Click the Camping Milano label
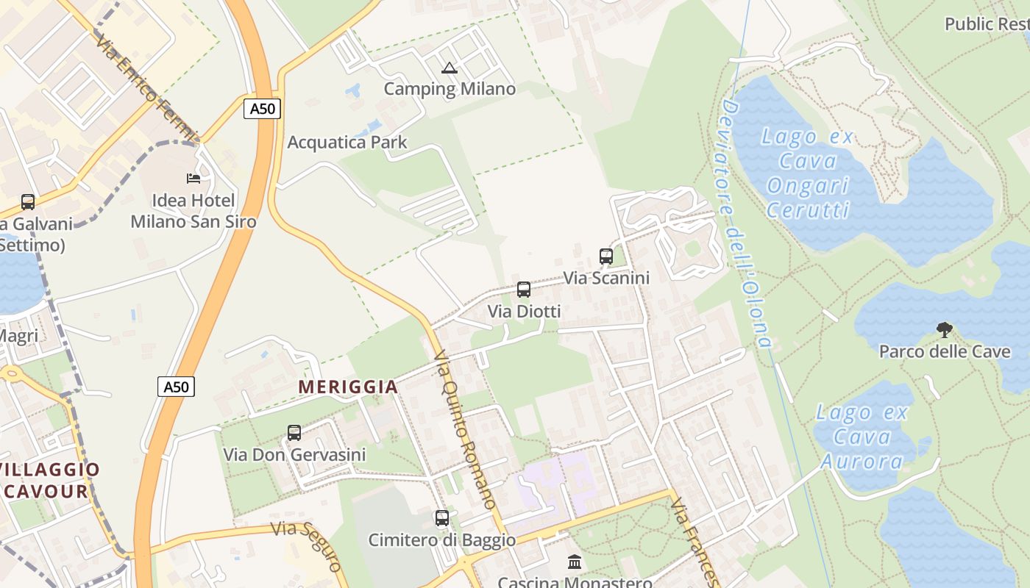click(x=450, y=90)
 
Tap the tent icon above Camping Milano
click(x=450, y=68)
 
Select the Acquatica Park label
click(x=347, y=143)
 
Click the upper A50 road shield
click(x=262, y=109)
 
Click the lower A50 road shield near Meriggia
click(x=176, y=387)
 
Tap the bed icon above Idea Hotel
click(x=193, y=179)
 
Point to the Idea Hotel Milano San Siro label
click(x=193, y=211)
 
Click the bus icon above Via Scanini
click(x=606, y=257)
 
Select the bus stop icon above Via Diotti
click(x=524, y=290)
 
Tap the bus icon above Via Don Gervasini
click(x=294, y=433)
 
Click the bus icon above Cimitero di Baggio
click(x=442, y=518)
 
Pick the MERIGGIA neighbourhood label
click(x=348, y=387)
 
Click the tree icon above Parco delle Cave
click(x=944, y=330)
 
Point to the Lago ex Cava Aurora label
click(x=862, y=437)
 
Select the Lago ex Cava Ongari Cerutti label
click(x=808, y=173)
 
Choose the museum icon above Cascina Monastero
click(x=575, y=562)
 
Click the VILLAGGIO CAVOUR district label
click(x=49, y=481)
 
